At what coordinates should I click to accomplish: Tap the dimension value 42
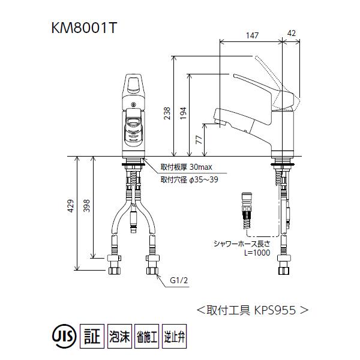click(291, 35)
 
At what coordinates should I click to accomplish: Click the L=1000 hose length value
click(257, 253)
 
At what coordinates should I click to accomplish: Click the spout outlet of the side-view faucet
click(219, 122)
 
